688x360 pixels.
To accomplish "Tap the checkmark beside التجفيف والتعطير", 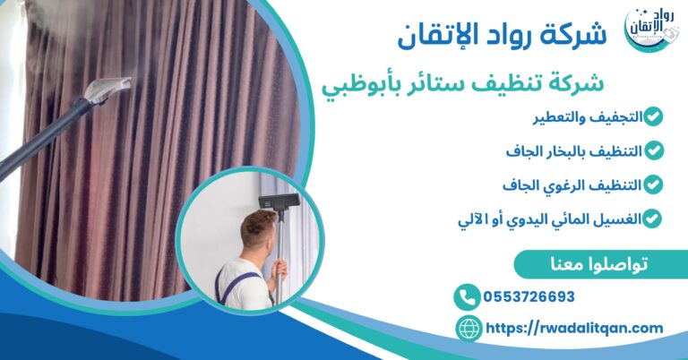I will [x=655, y=116].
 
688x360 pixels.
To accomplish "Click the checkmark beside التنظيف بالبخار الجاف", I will [x=655, y=150].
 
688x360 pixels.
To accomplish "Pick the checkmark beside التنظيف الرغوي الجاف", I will [x=655, y=184].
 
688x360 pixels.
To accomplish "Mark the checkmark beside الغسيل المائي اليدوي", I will [x=655, y=218].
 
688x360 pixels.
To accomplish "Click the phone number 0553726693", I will [x=529, y=297].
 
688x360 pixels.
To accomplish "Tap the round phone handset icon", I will [x=467, y=297].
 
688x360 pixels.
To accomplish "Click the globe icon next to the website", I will [x=468, y=329].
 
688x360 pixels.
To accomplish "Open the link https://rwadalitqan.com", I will [x=574, y=329].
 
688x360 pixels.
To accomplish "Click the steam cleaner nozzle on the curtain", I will [x=108, y=89].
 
